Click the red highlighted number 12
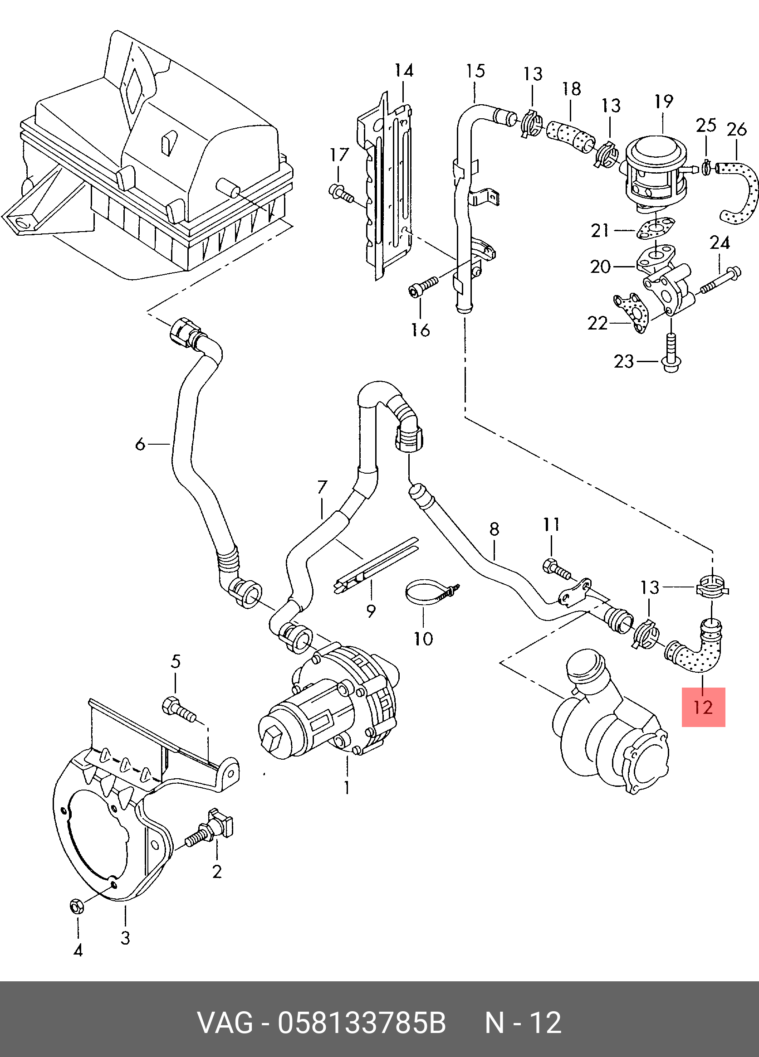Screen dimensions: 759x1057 coord(703,708)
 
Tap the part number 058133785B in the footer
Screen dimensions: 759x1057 coord(362,1023)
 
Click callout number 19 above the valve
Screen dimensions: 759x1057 coord(663,101)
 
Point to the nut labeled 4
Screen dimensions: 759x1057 coord(75,906)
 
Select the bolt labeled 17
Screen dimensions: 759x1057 coord(341,194)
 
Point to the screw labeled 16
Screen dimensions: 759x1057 coord(423,287)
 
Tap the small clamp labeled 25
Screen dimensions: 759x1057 coord(706,166)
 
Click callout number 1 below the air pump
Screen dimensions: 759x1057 coord(347,787)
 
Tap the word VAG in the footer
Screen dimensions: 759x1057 coord(225,1023)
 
